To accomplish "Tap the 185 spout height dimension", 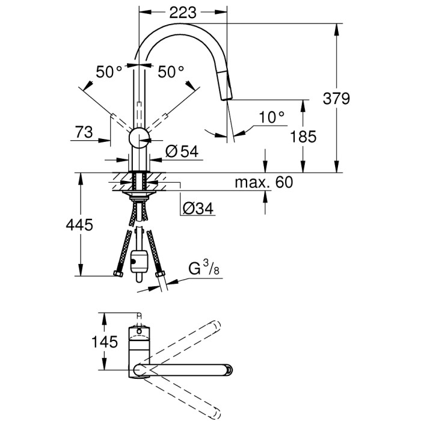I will click(x=303, y=137).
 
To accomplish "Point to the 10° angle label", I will click(x=271, y=117).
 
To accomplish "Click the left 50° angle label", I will click(x=108, y=72).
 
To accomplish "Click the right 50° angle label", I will click(x=171, y=72).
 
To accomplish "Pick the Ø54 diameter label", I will click(x=181, y=152).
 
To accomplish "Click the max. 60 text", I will click(x=263, y=182).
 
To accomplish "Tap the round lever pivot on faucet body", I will click(x=140, y=138).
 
